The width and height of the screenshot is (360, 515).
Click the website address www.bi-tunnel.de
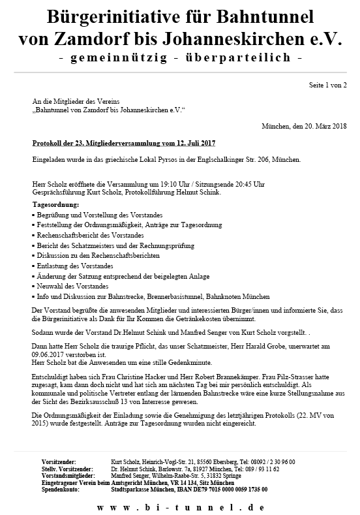click(180, 507)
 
